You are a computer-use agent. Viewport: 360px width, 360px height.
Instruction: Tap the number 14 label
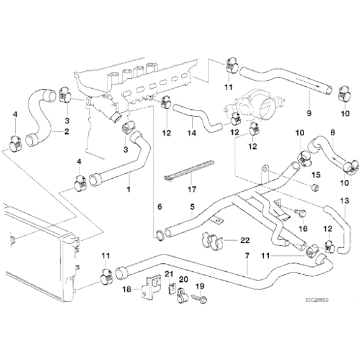[x=192, y=132]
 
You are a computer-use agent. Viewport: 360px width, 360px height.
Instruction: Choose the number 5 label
[x=192, y=206]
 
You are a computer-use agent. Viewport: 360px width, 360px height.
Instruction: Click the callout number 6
[x=159, y=206]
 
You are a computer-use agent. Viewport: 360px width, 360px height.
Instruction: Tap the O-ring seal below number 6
[x=160, y=234]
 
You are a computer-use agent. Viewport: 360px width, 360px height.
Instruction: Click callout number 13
[x=345, y=200]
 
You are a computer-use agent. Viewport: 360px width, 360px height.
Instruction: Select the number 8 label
[x=332, y=132]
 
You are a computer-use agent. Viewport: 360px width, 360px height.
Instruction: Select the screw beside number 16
[x=300, y=213]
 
